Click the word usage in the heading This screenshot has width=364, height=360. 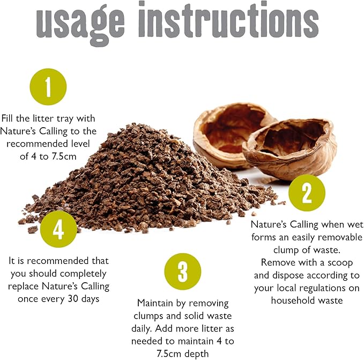tap(80, 24)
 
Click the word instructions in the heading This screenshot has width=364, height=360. tap(228, 19)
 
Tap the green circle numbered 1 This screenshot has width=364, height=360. tap(48, 86)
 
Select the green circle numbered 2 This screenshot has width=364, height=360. tap(307, 193)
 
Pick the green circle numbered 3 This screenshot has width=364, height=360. tap(183, 271)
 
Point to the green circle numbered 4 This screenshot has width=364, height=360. tap(58, 229)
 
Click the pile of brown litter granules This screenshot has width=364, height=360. tap(148, 181)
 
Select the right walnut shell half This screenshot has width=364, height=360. tap(290, 149)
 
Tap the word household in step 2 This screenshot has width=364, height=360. tap(292, 300)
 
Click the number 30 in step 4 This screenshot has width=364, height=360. tap(73, 298)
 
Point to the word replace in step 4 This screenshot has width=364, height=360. tap(24, 286)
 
